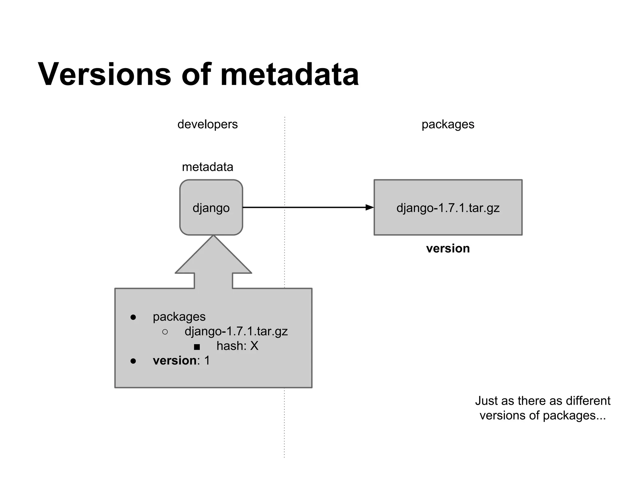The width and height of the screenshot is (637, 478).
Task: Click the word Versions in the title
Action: tap(105, 75)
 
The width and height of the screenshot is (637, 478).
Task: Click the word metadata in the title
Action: tap(289, 75)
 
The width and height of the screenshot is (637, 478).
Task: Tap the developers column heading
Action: tap(207, 124)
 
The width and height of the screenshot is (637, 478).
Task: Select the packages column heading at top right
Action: tap(448, 124)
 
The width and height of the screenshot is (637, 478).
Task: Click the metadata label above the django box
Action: tap(207, 167)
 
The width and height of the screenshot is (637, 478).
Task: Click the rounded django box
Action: tap(211, 208)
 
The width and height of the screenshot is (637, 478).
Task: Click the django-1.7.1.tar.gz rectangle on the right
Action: tap(448, 208)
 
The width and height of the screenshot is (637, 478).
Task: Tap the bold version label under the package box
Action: tap(448, 248)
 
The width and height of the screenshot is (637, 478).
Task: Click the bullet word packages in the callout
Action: tap(179, 317)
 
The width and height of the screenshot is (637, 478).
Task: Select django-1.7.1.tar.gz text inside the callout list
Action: tap(236, 331)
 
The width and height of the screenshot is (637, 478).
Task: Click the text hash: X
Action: tap(237, 346)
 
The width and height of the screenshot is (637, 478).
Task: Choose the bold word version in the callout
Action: tap(174, 361)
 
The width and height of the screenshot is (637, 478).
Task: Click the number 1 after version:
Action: tap(207, 361)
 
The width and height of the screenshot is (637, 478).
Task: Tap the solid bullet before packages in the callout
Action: tap(133, 317)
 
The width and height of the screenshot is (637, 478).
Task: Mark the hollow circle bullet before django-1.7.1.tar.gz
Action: tap(165, 332)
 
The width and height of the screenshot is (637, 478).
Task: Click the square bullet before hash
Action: tap(197, 347)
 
